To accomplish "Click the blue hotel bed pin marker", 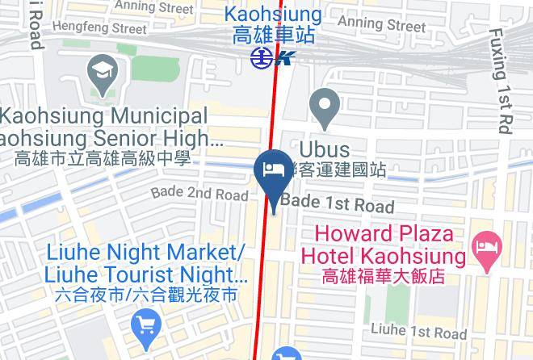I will coord(273,170).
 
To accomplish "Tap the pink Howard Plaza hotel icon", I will coord(486,242).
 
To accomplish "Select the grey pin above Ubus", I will coord(325,109).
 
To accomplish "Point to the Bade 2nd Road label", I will coord(199,195).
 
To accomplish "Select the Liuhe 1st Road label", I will coord(418,331).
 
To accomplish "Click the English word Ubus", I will coord(325,150).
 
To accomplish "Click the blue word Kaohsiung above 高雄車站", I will coord(272,14).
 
